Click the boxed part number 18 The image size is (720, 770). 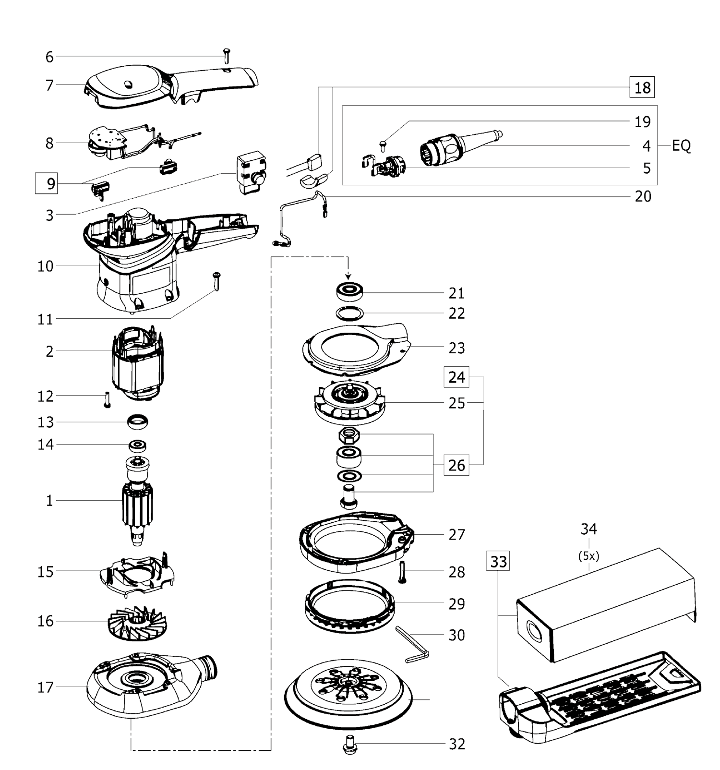tap(642, 87)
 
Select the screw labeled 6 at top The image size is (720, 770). tap(227, 56)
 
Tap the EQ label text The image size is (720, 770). tap(681, 145)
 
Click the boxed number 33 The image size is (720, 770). tap(498, 561)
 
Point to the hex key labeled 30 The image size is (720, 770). tap(412, 644)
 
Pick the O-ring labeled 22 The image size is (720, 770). tap(349, 313)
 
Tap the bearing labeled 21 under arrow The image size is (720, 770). tap(349, 291)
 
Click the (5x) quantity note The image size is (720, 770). tap(588, 556)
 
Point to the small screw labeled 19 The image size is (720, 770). tap(384, 143)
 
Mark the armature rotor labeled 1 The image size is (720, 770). tap(138, 502)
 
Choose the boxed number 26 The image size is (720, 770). tap(456, 465)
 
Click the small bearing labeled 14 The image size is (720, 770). tap(137, 445)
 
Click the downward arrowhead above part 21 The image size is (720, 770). tap(348, 276)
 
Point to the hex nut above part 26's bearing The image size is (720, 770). tap(349, 435)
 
